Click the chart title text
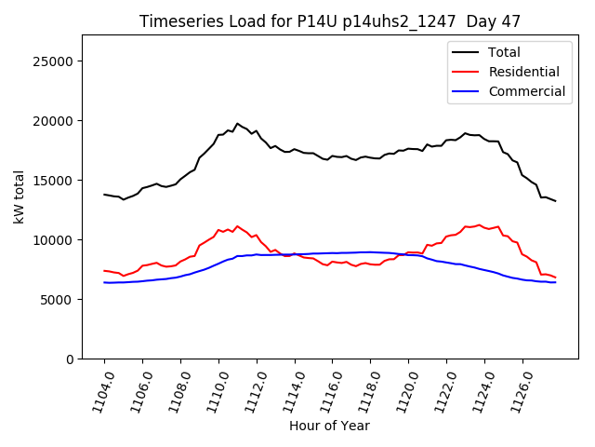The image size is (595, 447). click(330, 21)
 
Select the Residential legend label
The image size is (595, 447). click(523, 72)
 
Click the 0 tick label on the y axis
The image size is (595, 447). click(70, 359)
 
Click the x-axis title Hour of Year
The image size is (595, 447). click(329, 426)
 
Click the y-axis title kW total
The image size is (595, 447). click(19, 196)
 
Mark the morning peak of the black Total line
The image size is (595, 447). click(237, 123)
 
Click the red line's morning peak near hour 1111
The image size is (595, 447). click(237, 226)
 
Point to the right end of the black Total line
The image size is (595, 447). click(555, 201)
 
